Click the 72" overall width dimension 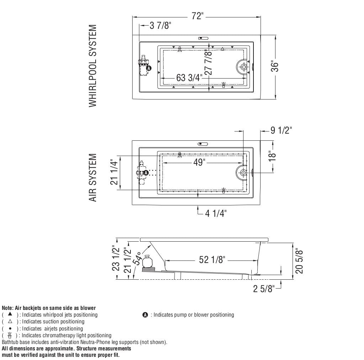(x=197, y=16)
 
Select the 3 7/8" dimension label (x=160, y=26)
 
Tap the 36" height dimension (x=274, y=66)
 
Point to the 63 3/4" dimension (x=189, y=77)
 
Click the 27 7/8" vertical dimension (x=208, y=63)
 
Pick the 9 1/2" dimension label (x=281, y=130)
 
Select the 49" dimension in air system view (x=199, y=162)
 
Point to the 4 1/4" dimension (x=216, y=213)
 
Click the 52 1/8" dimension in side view (x=212, y=260)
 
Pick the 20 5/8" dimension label (x=299, y=261)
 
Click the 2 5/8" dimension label (x=264, y=289)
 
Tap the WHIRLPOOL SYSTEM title (x=92, y=66)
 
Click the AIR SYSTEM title (x=92, y=178)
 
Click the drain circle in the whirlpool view (x=243, y=66)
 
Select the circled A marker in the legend (x=145, y=315)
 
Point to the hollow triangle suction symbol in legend (x=10, y=321)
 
